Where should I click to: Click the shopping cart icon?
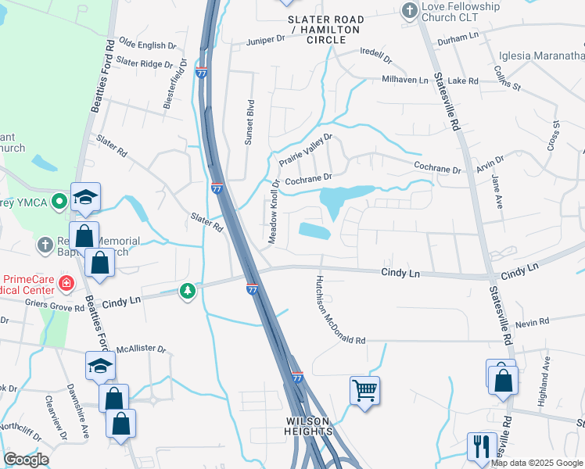[x=365, y=390]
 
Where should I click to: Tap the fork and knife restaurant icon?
[x=479, y=446]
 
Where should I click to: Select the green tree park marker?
[x=187, y=292]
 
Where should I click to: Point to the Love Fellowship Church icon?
[x=407, y=10]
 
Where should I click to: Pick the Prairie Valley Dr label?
[x=306, y=149]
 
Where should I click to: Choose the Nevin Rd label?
[x=533, y=321]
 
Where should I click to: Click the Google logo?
[x=26, y=460]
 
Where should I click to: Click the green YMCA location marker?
[x=59, y=202]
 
